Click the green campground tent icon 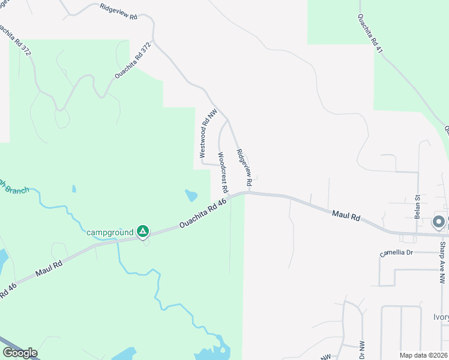pos(143,231)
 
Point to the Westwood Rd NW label pos(208,133)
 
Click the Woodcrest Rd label pos(223,172)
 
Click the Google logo pos(20,353)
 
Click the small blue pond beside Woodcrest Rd pos(191,196)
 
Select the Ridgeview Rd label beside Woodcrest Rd pos(243,167)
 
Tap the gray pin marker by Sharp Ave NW pos(439,223)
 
